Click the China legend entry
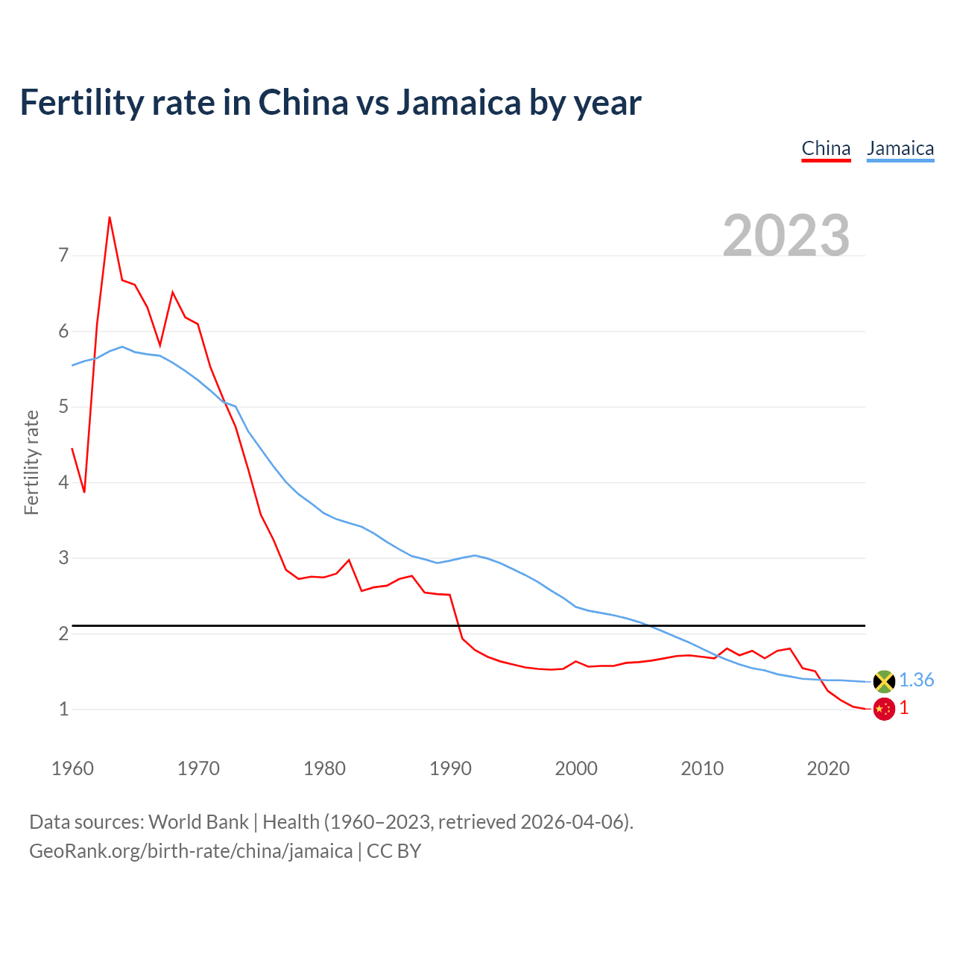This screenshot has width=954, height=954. coord(826,148)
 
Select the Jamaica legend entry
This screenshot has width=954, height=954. coord(900,148)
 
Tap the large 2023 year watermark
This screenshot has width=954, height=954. coord(786,236)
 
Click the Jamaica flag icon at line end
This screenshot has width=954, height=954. coord(884,681)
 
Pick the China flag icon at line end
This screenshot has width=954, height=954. coord(884,709)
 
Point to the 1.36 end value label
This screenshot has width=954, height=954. coord(916,680)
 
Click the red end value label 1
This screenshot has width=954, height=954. coord(904,708)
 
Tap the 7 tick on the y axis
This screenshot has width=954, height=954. coord(63,256)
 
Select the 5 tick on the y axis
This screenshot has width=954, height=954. coord(63,407)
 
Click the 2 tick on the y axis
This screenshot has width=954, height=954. coord(63,634)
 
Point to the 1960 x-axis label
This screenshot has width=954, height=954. coord(72,768)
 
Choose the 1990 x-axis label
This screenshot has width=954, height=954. coord(450,768)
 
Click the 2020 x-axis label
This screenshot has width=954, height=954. coord(828,768)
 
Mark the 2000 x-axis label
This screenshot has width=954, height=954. coord(576,768)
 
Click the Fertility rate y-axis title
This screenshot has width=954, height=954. coord(31,462)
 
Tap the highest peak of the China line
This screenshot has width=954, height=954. coord(110,218)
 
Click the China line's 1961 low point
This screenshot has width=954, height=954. coord(84,492)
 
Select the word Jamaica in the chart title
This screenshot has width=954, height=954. coord(458,103)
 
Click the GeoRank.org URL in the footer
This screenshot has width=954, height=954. coord(191,851)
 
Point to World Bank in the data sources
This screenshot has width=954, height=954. coord(198,822)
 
